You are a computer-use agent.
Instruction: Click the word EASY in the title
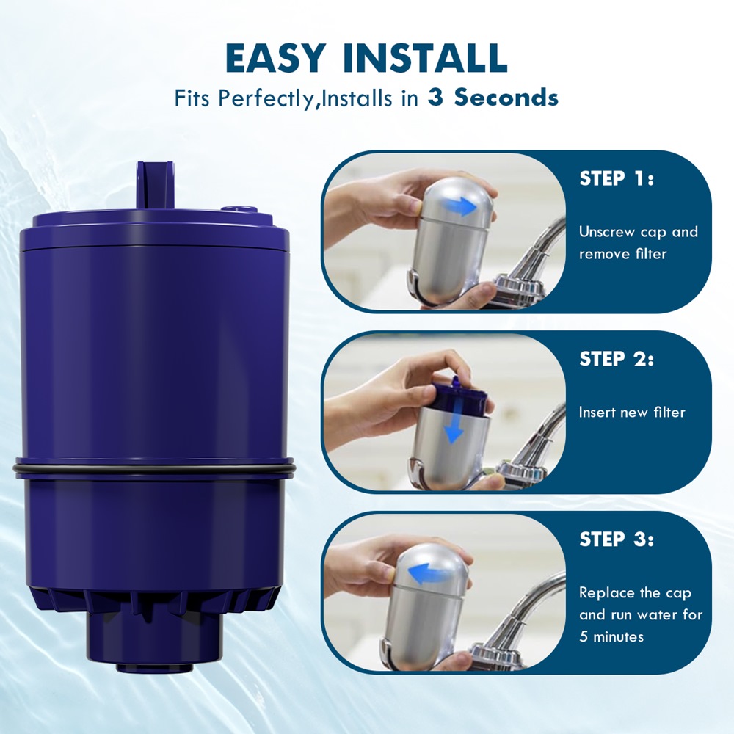pyautogui.click(x=275, y=58)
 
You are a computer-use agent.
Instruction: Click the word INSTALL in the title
pyautogui.click(x=426, y=58)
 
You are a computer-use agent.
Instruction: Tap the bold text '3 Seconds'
pyautogui.click(x=493, y=98)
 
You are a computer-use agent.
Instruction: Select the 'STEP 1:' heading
pyautogui.click(x=616, y=178)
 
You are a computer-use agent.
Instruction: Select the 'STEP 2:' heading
pyautogui.click(x=616, y=359)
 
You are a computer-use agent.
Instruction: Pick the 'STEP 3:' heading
pyautogui.click(x=616, y=539)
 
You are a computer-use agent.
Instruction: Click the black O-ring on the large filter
pyautogui.click(x=153, y=467)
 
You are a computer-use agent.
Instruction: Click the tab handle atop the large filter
pyautogui.click(x=155, y=186)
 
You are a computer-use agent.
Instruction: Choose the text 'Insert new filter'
pyautogui.click(x=632, y=412)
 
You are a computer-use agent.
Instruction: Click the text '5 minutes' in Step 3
pyautogui.click(x=611, y=636)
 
